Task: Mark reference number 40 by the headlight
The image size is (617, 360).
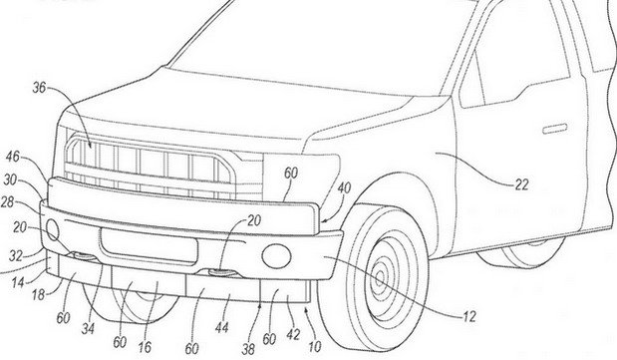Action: point(343,186)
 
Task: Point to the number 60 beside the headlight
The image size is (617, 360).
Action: point(291,173)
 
